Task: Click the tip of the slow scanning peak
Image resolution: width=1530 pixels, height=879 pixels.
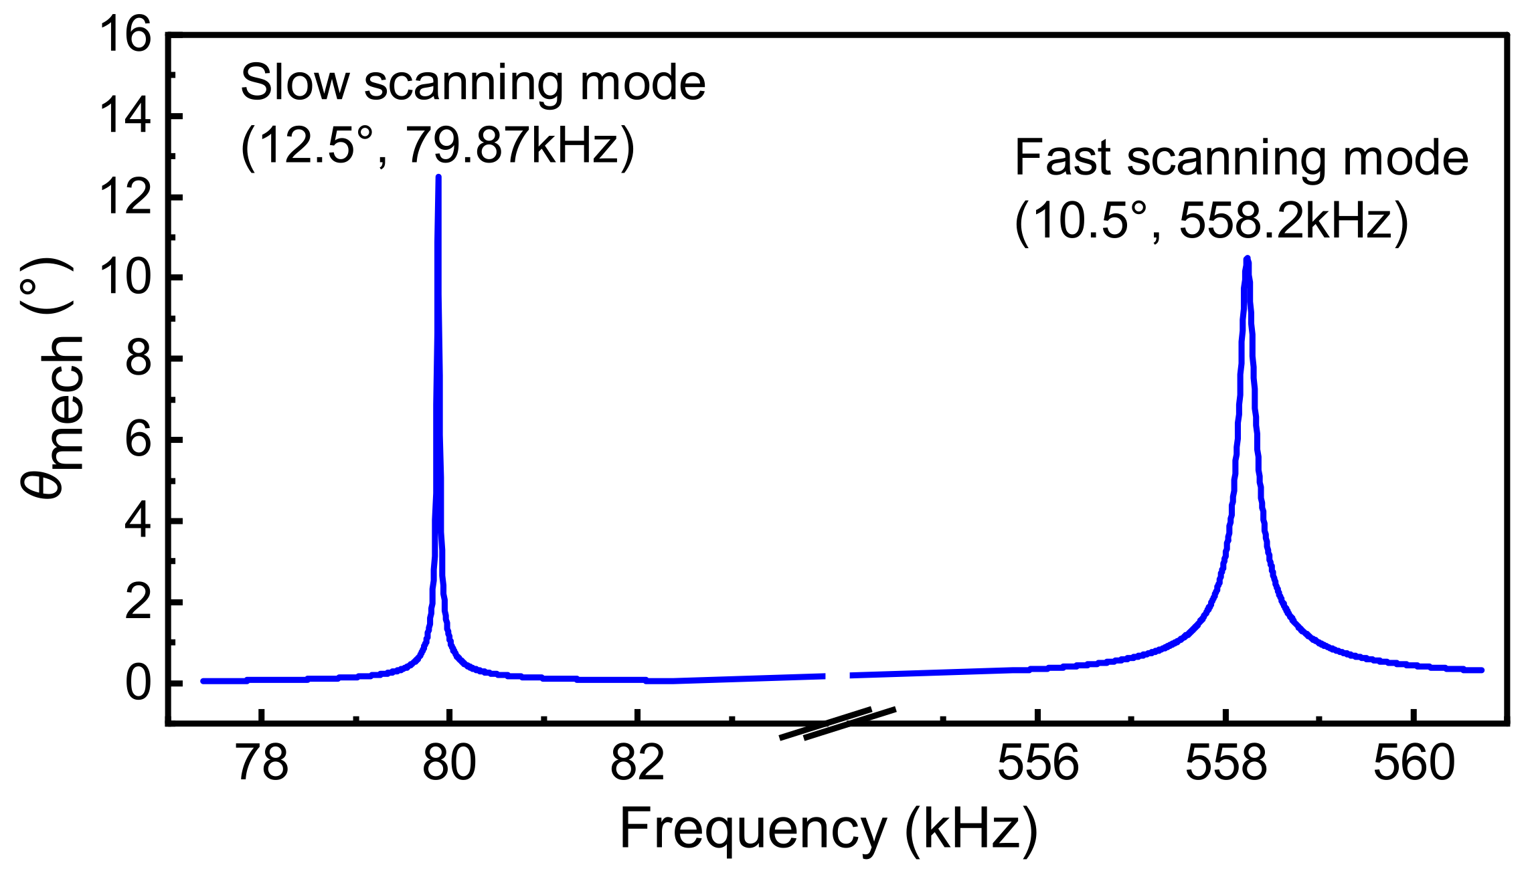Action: point(438,178)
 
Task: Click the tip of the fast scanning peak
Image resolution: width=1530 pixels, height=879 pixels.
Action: point(1247,260)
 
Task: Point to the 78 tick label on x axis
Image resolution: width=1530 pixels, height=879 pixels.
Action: point(263,763)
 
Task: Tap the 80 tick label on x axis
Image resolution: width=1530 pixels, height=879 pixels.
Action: point(450,763)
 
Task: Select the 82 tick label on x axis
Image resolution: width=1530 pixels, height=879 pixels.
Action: point(637,763)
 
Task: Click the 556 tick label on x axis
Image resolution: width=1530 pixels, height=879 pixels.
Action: point(1038,763)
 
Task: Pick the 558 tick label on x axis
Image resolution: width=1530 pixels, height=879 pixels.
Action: point(1226,763)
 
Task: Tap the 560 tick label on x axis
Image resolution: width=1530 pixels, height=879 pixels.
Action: point(1414,763)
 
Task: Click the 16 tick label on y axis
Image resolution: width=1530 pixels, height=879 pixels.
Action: point(125,35)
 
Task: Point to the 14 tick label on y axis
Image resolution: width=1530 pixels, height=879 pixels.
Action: point(125,116)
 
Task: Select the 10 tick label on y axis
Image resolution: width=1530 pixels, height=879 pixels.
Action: point(125,278)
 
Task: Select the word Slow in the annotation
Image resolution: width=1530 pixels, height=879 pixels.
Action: point(294,83)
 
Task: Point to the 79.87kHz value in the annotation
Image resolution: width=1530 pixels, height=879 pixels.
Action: point(519,146)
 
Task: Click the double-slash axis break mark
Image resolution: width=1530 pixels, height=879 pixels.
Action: point(837,724)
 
